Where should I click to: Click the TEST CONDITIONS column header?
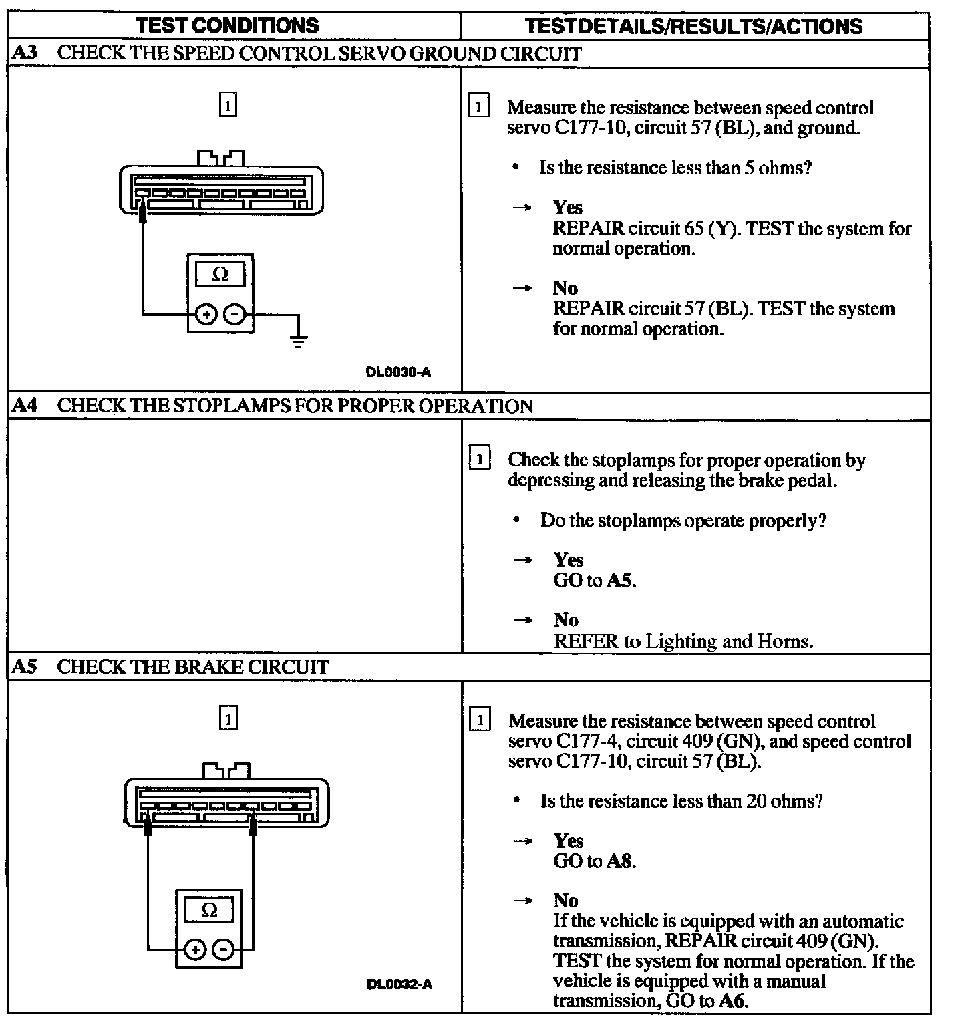[x=227, y=25]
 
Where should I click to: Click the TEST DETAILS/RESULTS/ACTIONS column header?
[x=693, y=26]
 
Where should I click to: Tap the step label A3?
[x=24, y=53]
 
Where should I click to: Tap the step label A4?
[x=24, y=406]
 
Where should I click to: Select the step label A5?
[x=24, y=667]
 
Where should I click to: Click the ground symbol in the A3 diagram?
[x=298, y=340]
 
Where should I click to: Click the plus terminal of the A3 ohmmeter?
[x=206, y=313]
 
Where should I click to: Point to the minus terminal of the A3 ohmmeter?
[x=234, y=313]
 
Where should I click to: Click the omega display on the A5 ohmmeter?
[x=209, y=911]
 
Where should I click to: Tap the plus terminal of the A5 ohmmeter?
[x=195, y=949]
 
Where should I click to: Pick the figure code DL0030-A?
[x=398, y=372]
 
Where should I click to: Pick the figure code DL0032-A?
[x=399, y=984]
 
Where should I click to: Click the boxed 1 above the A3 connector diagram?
[x=228, y=106]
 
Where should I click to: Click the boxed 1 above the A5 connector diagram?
[x=228, y=720]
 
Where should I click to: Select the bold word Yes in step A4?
[x=568, y=560]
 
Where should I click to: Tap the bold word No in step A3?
[x=565, y=288]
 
